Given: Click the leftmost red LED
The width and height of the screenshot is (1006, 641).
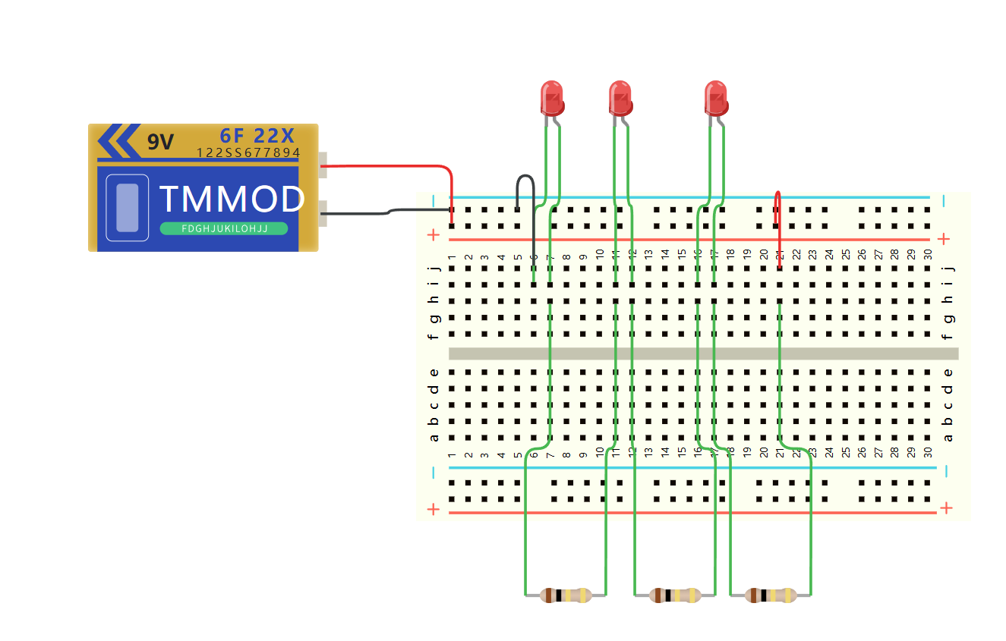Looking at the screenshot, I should (552, 98).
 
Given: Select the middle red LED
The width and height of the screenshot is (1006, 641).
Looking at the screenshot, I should (620, 98).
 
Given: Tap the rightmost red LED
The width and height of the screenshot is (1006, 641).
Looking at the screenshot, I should (715, 98).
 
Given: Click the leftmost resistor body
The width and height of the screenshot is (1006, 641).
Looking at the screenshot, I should (566, 595).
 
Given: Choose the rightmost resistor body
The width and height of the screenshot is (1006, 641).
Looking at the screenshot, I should (771, 595).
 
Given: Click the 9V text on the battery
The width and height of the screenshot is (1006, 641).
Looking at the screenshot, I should (160, 142).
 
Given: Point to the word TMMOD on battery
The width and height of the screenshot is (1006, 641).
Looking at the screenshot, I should (232, 200).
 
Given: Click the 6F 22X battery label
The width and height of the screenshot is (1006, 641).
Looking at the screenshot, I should (257, 136).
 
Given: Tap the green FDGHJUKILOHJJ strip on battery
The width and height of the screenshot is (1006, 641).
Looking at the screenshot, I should (224, 228).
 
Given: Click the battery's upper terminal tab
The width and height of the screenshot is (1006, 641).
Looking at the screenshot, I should (323, 164).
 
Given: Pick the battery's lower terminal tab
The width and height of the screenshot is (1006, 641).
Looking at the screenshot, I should (323, 213).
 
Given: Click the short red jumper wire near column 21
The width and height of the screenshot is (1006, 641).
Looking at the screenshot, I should (777, 209).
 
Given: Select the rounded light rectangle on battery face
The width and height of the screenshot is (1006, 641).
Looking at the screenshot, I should (128, 208).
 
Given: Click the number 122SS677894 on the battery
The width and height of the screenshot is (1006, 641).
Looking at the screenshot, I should (248, 153).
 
